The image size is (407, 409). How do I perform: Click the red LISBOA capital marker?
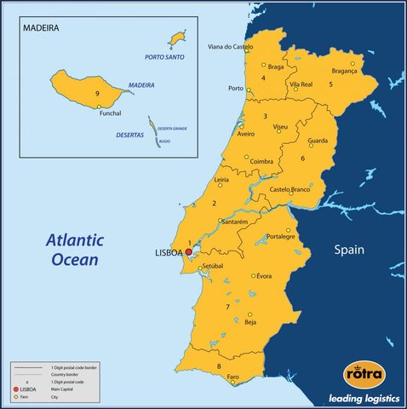188,252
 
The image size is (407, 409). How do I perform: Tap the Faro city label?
233,376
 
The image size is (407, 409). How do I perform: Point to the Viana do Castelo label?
231,47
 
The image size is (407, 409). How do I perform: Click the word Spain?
348,251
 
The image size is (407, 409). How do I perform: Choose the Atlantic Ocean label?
73,250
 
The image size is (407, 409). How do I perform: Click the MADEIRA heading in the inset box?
41,27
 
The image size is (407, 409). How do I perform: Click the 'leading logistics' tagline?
361,398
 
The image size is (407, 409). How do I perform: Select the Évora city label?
264,276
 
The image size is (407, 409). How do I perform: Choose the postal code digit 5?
342,84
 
